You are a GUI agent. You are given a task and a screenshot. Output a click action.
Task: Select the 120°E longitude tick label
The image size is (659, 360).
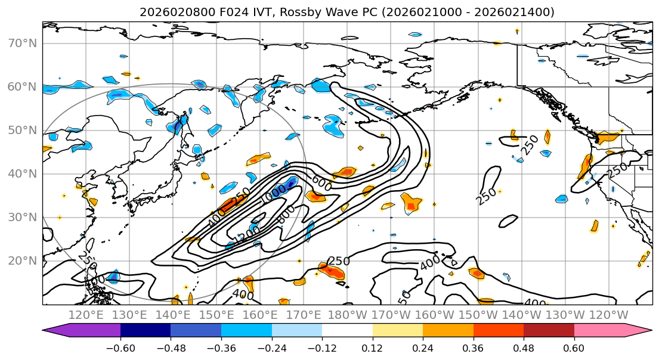(86, 315)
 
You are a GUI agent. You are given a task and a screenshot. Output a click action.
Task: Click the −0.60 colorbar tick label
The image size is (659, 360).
(120, 346)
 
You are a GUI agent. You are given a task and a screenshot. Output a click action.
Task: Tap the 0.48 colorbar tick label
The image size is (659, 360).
(524, 346)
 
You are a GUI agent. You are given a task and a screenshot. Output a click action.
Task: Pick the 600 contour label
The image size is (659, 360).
(323, 182)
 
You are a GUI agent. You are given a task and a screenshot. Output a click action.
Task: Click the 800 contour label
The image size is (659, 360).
(286, 215)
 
